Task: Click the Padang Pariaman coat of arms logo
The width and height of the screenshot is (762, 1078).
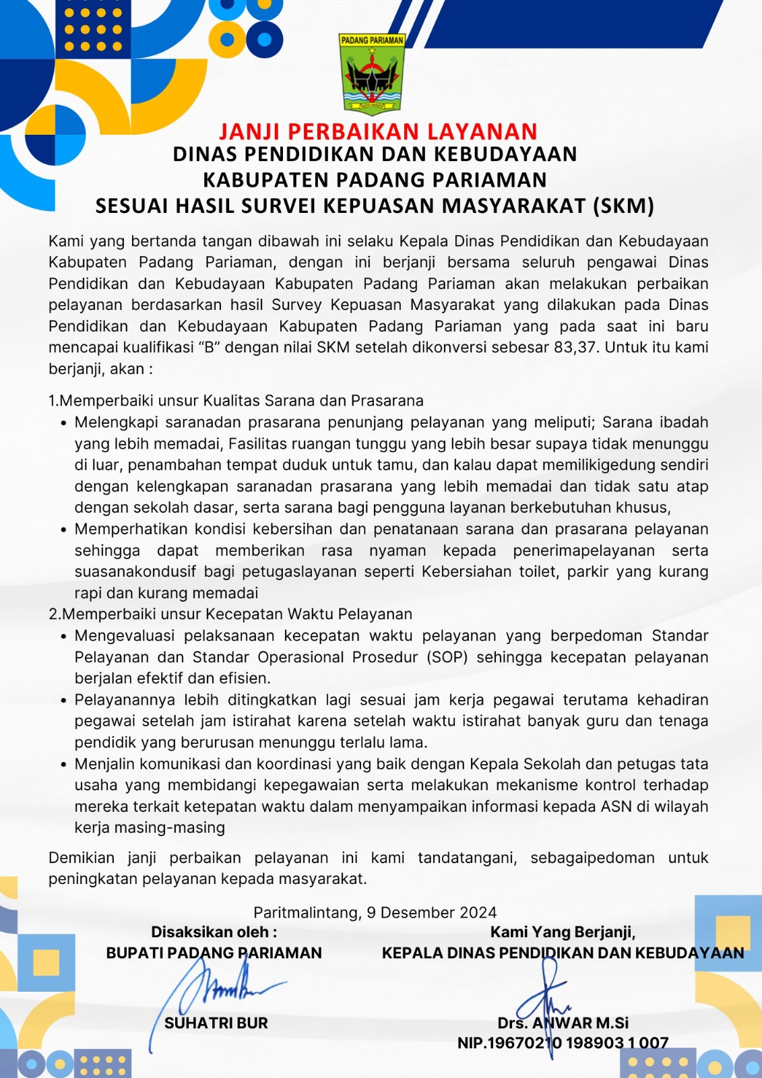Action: tap(371, 73)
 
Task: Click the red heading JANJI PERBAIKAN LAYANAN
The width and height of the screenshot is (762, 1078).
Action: tap(378, 131)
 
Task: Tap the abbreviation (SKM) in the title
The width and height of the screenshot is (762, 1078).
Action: tap(623, 205)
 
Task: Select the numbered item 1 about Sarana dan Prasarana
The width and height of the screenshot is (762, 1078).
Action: tap(236, 401)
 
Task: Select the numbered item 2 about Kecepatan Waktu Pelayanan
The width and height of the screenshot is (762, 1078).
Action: tap(230, 614)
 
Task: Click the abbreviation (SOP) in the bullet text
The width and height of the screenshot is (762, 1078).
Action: tap(447, 657)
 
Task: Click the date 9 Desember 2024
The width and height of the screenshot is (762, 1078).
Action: tap(432, 912)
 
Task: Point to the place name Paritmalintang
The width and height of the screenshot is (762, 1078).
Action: tap(306, 912)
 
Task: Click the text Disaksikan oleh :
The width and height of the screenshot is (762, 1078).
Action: tap(214, 932)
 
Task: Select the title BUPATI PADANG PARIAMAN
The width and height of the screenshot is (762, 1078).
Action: tap(214, 953)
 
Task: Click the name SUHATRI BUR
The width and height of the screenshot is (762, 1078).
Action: tap(216, 1023)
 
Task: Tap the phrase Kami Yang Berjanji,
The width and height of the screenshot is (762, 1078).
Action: tap(563, 932)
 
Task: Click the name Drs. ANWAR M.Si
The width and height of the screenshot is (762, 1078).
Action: tap(563, 1023)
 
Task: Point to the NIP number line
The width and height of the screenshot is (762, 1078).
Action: tap(563, 1043)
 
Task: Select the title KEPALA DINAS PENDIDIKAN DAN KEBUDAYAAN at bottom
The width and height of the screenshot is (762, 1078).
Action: tap(563, 953)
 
